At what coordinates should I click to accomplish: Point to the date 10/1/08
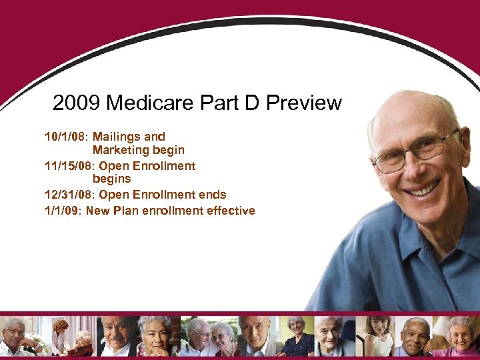tap(65, 137)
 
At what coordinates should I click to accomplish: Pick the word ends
tap(213, 195)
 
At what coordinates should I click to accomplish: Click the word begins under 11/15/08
tap(112, 179)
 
